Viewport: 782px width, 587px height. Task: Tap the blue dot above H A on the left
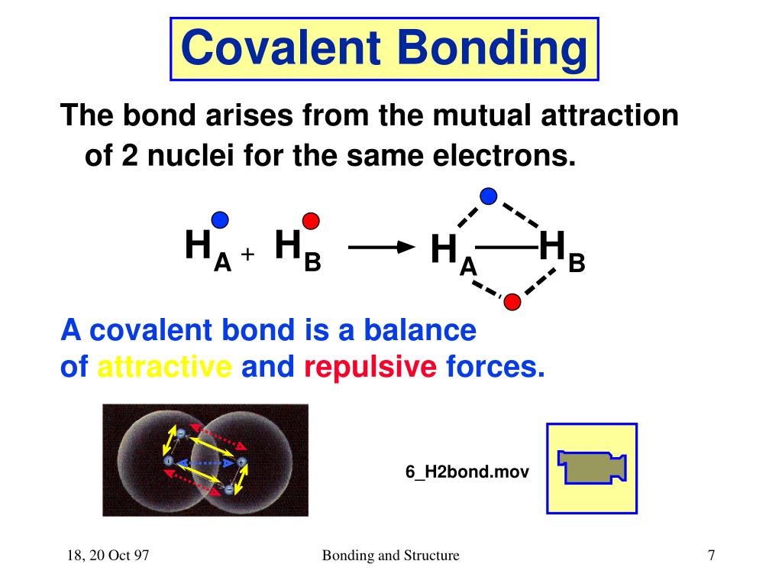220,220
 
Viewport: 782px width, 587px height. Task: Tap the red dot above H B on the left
311,221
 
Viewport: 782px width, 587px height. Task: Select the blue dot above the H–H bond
488,196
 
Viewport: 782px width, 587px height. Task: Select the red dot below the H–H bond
512,301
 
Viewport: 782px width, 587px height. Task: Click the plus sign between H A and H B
247,254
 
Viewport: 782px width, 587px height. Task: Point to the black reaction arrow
382,247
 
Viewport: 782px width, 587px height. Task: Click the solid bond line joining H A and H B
507,247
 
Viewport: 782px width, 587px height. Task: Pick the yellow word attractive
165,367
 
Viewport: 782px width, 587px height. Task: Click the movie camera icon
592,467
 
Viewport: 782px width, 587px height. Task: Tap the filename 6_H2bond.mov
467,472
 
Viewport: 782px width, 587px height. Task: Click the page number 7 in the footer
711,555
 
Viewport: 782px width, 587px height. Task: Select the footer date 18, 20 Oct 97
108,556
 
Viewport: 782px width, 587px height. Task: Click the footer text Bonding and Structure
390,556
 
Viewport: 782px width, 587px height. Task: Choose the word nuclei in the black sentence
191,155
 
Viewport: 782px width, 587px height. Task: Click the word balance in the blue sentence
420,330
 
